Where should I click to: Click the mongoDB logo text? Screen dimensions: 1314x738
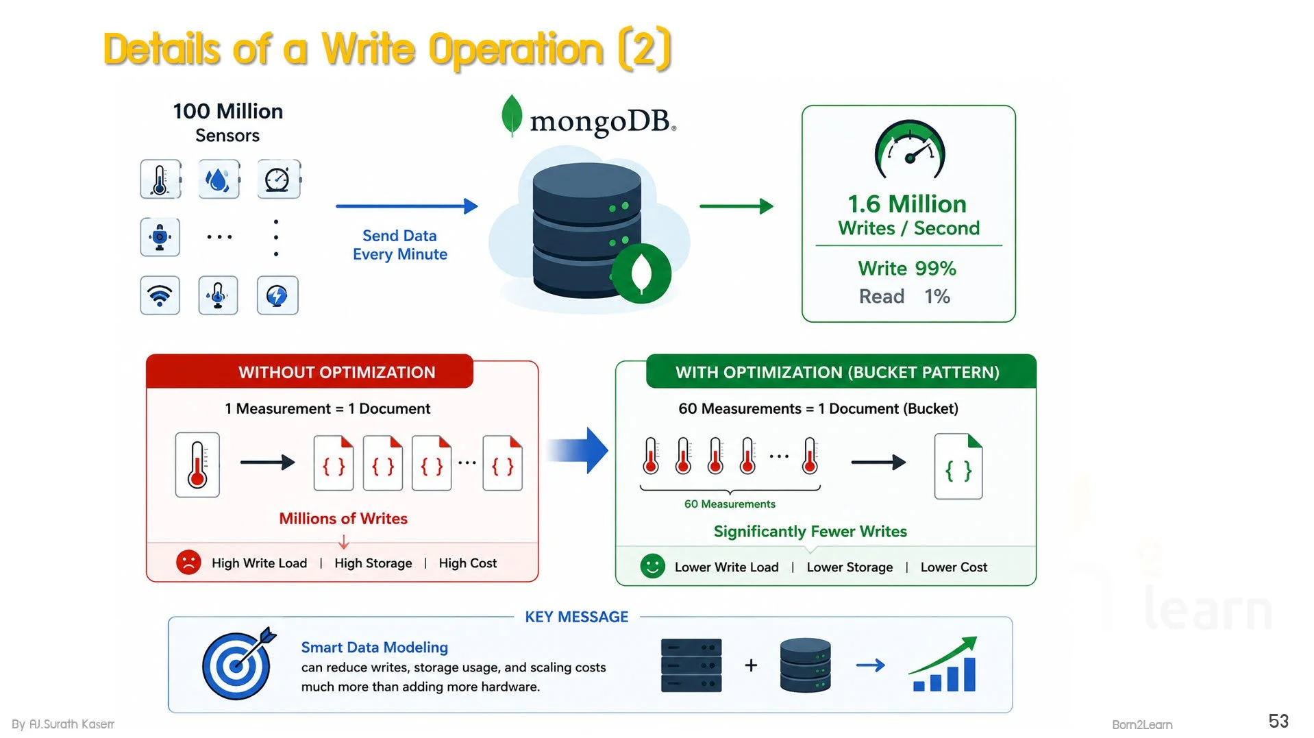click(x=603, y=122)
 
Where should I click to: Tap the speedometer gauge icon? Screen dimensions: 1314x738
click(x=910, y=149)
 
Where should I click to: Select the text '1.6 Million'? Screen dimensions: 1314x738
click(x=907, y=204)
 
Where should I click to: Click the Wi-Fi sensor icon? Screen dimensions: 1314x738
click(x=160, y=295)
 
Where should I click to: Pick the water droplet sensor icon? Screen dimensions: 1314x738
click(x=219, y=180)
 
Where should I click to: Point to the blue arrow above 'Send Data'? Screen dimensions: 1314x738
click(x=407, y=206)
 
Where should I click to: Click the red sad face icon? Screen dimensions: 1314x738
click(x=188, y=563)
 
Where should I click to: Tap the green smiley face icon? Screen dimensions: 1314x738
click(x=652, y=566)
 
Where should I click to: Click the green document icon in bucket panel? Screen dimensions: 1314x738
click(x=958, y=466)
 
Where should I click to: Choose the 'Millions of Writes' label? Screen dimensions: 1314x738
click(x=343, y=519)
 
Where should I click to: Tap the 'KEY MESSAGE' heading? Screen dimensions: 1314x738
click(x=577, y=617)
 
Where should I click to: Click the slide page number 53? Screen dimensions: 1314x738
click(x=1278, y=721)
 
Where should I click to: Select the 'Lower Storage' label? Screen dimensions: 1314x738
click(x=850, y=567)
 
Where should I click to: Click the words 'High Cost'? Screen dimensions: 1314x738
click(x=468, y=563)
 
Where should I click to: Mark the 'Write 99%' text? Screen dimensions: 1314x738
click(x=907, y=269)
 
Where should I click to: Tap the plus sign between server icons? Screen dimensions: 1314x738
click(x=751, y=665)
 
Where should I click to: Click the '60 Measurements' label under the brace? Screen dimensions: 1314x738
click(x=730, y=504)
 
